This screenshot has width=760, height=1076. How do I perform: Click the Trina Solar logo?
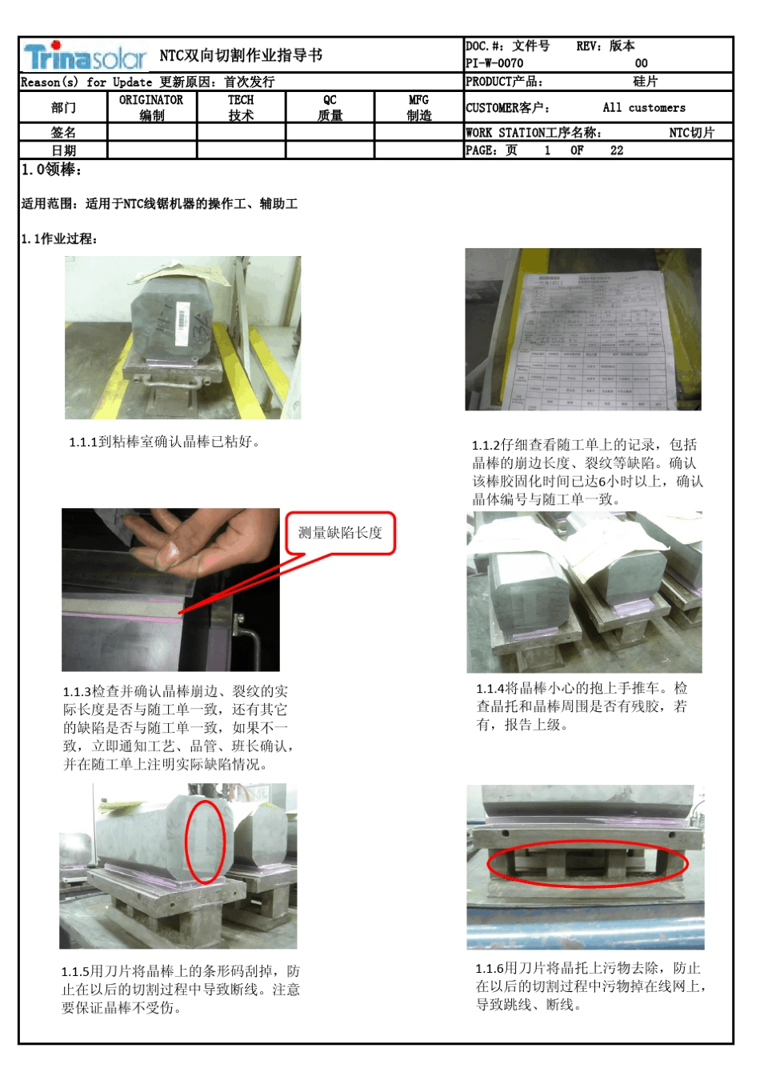click(85, 56)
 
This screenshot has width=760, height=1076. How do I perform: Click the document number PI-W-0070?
click(494, 63)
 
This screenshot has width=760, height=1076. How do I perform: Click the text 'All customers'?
click(644, 108)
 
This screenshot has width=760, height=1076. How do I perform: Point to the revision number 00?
click(641, 63)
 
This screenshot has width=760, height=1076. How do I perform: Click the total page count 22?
click(616, 150)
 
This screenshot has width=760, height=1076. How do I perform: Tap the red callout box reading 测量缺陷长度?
click(341, 533)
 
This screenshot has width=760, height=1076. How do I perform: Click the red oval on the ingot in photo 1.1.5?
click(206, 842)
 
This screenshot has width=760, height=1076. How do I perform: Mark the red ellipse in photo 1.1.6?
click(587, 865)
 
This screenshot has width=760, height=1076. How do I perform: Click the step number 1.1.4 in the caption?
click(490, 689)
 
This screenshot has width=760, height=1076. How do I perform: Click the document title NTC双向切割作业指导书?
click(241, 55)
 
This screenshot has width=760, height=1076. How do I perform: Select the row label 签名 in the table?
click(63, 133)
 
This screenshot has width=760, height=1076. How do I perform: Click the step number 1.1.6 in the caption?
click(489, 969)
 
